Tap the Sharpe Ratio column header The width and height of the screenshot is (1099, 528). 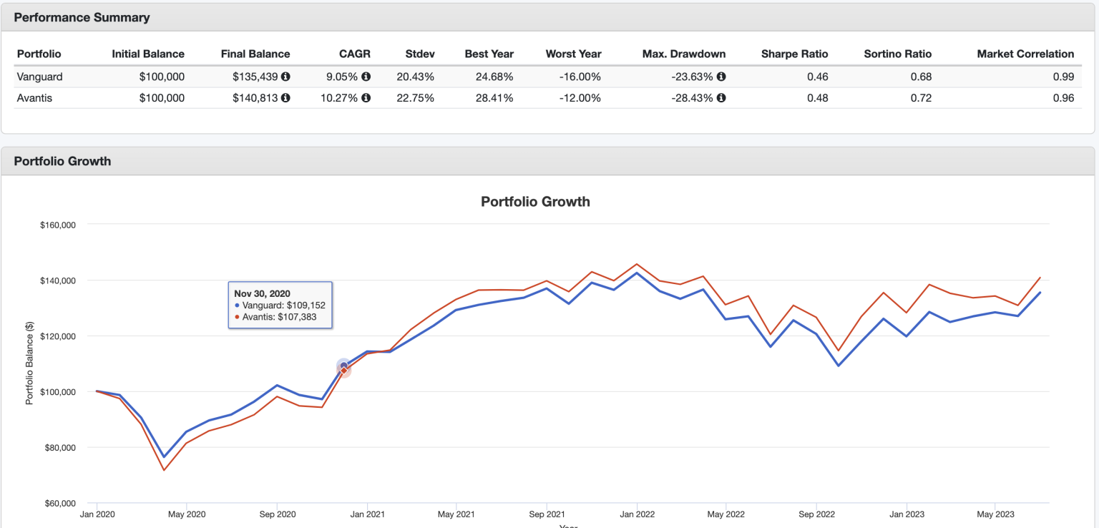pos(794,54)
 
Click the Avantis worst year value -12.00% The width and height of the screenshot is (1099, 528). pos(580,98)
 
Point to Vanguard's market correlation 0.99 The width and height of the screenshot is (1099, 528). pos(1063,77)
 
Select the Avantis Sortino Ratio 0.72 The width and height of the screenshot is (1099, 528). pos(921,98)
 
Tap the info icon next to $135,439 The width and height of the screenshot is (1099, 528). pos(285,77)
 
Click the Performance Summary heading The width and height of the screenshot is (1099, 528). pos(82,18)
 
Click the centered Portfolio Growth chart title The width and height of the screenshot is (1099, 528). pos(535,202)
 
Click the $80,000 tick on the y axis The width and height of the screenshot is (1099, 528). pos(58,448)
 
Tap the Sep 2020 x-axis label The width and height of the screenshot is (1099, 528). pos(277,514)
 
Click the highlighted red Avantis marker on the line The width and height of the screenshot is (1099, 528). pos(344,371)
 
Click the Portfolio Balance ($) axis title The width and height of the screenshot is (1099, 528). pos(29,363)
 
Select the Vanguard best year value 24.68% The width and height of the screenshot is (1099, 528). pos(489,77)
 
